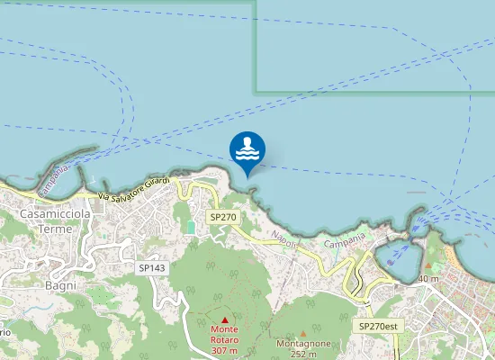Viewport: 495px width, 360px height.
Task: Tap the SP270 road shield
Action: (x=222, y=218)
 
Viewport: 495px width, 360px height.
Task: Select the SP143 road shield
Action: (x=152, y=267)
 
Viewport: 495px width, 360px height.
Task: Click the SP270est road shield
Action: (x=377, y=325)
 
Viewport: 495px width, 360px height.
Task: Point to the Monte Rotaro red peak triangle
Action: (x=225, y=319)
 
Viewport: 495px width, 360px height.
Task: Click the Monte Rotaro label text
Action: (x=225, y=335)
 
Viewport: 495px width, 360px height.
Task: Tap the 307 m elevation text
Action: (x=225, y=350)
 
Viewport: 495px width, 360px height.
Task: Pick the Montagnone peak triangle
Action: (x=303, y=333)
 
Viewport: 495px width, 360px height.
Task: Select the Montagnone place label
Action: (x=303, y=344)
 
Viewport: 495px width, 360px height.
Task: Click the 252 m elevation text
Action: (x=303, y=354)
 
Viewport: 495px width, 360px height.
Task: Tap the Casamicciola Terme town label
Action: (x=51, y=221)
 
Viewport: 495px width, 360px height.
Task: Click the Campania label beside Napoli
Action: (x=345, y=240)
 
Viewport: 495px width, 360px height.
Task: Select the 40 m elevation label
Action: (x=428, y=279)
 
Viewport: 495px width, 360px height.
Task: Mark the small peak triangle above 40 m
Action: (x=428, y=268)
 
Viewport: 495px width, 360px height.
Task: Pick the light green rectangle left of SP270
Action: (x=190, y=227)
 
